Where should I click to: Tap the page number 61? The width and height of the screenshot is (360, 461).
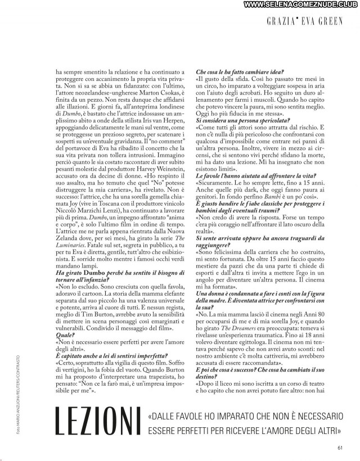(340, 448)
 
